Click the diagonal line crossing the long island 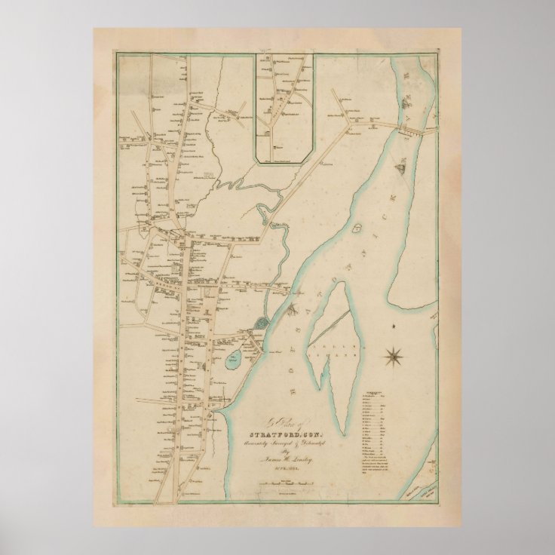click(x=333, y=348)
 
